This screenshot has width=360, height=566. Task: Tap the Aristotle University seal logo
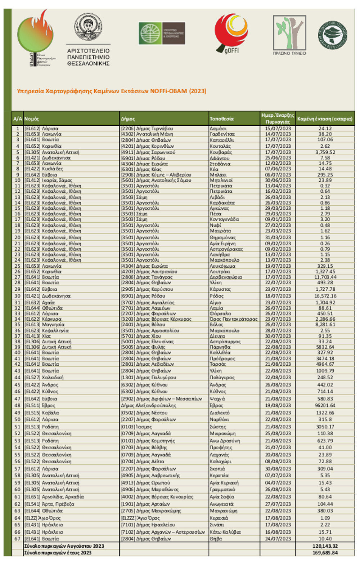88,27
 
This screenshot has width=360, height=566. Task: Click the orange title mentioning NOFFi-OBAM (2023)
112,91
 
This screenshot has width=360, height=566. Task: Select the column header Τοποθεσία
222,119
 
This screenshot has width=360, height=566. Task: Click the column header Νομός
32,119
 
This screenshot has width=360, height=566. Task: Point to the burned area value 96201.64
325,406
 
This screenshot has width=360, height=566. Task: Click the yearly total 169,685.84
325,553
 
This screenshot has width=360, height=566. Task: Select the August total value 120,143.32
325,546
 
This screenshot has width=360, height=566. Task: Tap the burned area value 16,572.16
325,296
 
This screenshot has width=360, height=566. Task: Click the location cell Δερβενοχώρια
226,277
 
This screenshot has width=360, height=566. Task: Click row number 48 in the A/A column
17,406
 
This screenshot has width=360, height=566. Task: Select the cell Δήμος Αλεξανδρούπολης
149,406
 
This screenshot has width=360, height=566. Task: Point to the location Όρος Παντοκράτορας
234,319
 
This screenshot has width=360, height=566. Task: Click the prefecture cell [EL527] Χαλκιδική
44,378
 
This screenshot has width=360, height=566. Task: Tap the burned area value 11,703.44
325,277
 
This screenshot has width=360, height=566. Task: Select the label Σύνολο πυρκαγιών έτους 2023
58,553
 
